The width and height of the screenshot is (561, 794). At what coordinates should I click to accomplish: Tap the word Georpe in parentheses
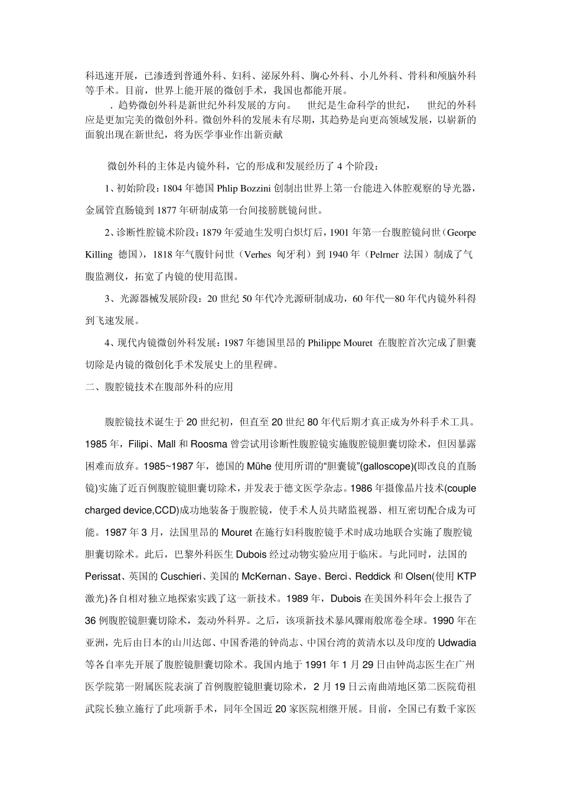point(462,232)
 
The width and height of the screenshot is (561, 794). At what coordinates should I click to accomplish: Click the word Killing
point(99,255)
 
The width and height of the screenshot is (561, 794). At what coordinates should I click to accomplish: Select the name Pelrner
point(384,255)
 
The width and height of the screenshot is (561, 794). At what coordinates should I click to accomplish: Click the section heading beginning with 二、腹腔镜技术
point(159,387)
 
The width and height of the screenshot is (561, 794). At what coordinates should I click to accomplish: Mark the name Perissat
point(105,576)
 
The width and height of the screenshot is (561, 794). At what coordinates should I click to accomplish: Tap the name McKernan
point(263,576)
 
